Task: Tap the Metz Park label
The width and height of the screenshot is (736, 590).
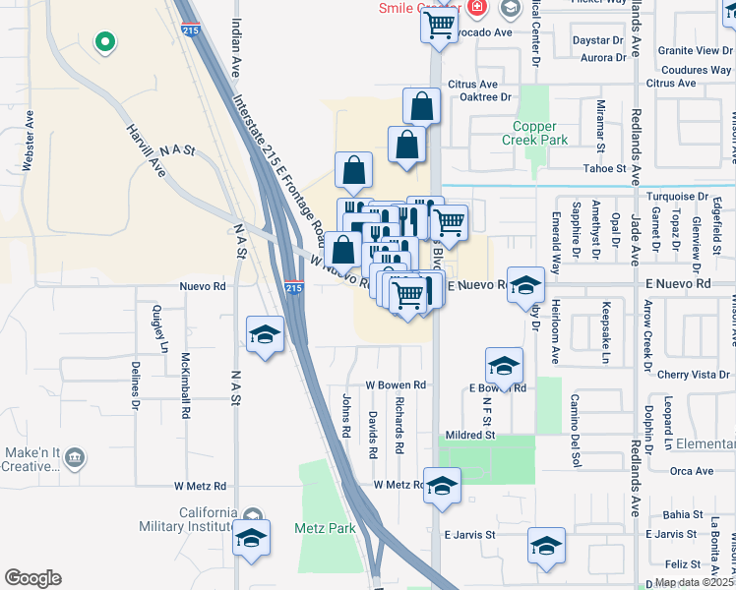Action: [x=325, y=528]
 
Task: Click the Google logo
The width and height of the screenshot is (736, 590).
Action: [x=32, y=578]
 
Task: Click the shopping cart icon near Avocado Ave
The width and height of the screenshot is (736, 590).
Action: [x=440, y=24]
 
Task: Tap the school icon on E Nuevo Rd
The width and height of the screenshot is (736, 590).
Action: [x=526, y=284]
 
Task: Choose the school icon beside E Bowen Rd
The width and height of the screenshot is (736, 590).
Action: [x=504, y=366]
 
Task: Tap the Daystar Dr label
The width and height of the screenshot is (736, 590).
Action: [x=598, y=41]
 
